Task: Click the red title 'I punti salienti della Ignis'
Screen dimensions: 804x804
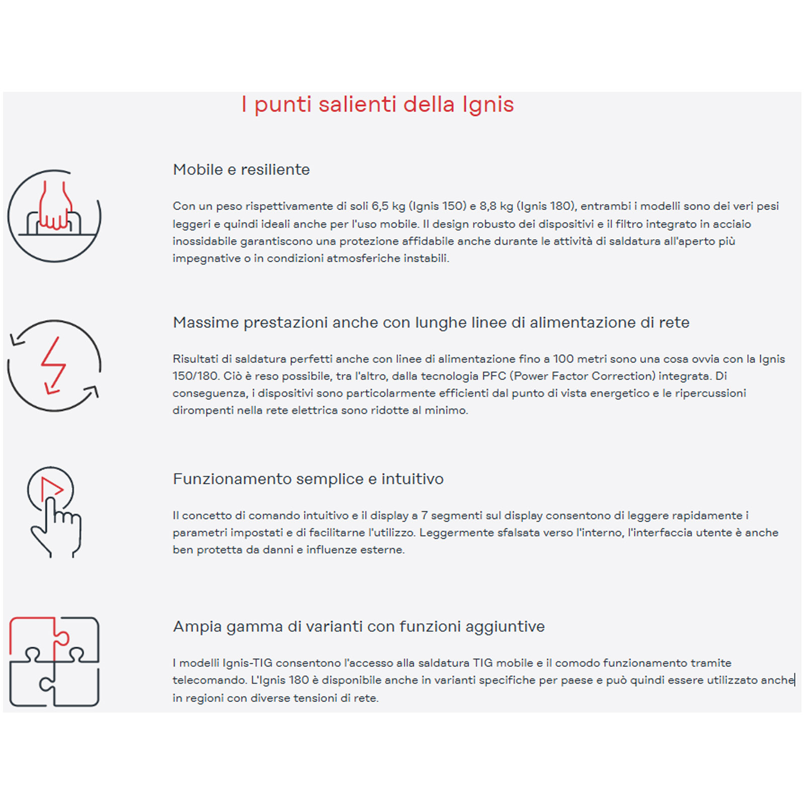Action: [377, 105]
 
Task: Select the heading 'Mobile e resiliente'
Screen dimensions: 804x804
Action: [241, 170]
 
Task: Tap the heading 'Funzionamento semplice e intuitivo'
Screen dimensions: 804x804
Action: [308, 479]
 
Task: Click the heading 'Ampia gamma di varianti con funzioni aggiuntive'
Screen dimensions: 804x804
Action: [359, 627]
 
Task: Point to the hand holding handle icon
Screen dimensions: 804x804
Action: [54, 216]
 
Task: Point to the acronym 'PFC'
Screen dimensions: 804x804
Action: [493, 376]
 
